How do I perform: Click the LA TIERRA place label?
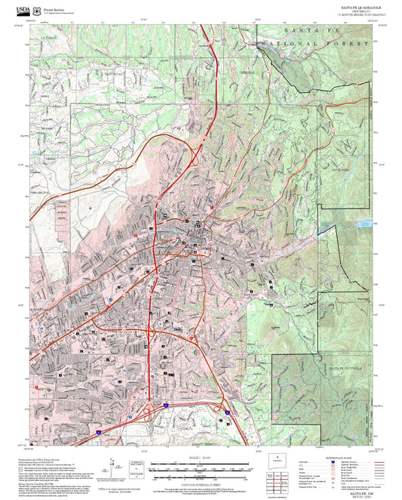48,37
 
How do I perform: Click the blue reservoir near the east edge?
364,224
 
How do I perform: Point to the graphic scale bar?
201,466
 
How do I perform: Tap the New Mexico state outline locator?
278,460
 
